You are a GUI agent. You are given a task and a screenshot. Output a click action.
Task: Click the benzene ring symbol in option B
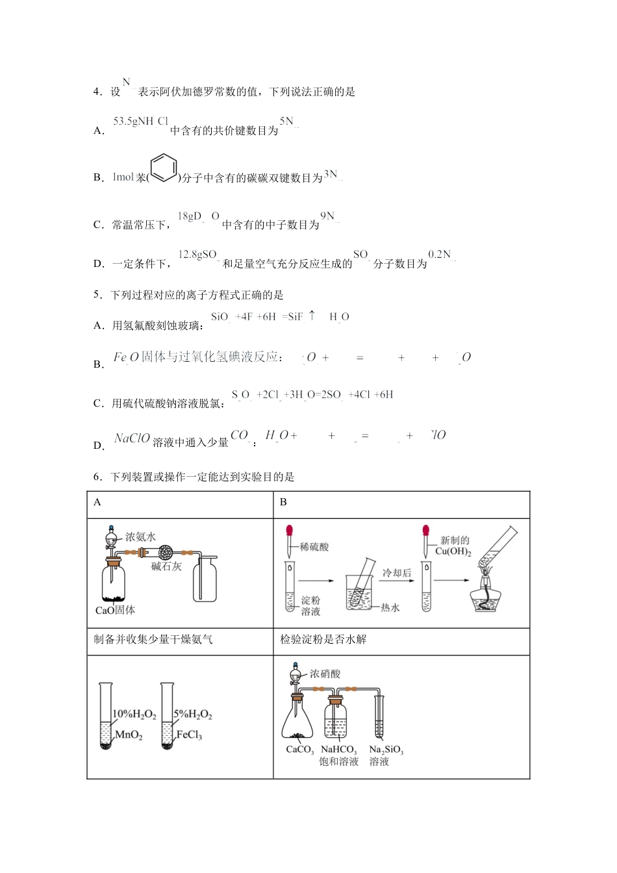tap(164, 168)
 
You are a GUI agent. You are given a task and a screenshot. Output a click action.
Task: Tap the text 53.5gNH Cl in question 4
tap(140, 121)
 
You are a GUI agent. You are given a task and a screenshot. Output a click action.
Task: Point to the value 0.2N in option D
tap(440, 255)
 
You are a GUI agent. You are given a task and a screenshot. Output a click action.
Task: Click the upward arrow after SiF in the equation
tap(312, 315)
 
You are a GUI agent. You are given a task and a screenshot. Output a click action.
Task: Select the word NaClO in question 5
tap(132, 438)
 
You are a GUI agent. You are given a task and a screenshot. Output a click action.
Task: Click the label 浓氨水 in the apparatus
tap(140, 537)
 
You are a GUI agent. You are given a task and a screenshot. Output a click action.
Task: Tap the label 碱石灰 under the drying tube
tap(166, 566)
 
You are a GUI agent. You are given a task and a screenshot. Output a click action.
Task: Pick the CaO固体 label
tap(115, 610)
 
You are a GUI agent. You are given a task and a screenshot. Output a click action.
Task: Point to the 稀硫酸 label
tap(314, 547)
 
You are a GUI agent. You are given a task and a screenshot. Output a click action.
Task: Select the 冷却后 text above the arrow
tap(396, 573)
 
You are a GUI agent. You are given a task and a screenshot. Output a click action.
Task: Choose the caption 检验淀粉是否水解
tap(323, 639)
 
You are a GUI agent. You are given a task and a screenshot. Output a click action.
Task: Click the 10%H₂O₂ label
tap(134, 715)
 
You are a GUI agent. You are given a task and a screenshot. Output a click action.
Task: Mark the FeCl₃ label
tap(189, 735)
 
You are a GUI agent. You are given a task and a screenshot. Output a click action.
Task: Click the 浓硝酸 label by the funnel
tap(325, 674)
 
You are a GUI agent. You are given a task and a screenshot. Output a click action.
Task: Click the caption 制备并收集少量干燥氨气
tap(153, 639)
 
